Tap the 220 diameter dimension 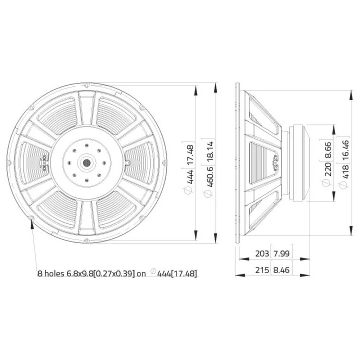pos(328,169)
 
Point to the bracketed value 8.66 pos(328,148)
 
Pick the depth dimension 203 pos(262,254)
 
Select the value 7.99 pos(282,254)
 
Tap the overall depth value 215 pos(262,270)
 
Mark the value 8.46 pos(282,270)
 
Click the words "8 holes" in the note pos(51,274)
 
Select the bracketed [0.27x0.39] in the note pos(114,274)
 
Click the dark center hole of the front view pos(87,163)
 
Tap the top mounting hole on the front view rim pos(87,85)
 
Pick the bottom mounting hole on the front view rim pos(87,240)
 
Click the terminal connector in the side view pos(276,163)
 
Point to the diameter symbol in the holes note pos(153,272)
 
